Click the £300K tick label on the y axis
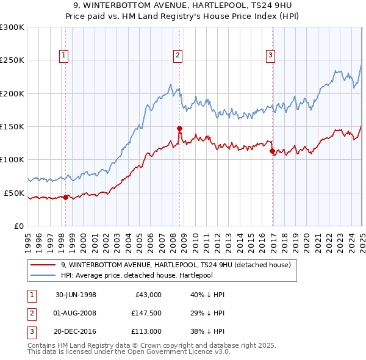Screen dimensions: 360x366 (x=12, y=27)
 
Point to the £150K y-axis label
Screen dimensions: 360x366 (x=12, y=126)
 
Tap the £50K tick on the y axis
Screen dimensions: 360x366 (x=14, y=193)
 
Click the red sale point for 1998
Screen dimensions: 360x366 (x=66, y=197)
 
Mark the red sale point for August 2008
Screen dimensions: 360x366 (x=179, y=128)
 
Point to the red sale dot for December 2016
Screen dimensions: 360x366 (x=272, y=151)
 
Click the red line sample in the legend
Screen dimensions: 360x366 (x=43, y=265)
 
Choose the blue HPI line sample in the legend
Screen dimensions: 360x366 (x=43, y=275)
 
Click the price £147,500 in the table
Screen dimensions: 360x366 (x=146, y=312)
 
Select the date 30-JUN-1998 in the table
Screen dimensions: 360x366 (x=76, y=295)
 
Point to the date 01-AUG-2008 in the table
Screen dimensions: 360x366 (x=76, y=312)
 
